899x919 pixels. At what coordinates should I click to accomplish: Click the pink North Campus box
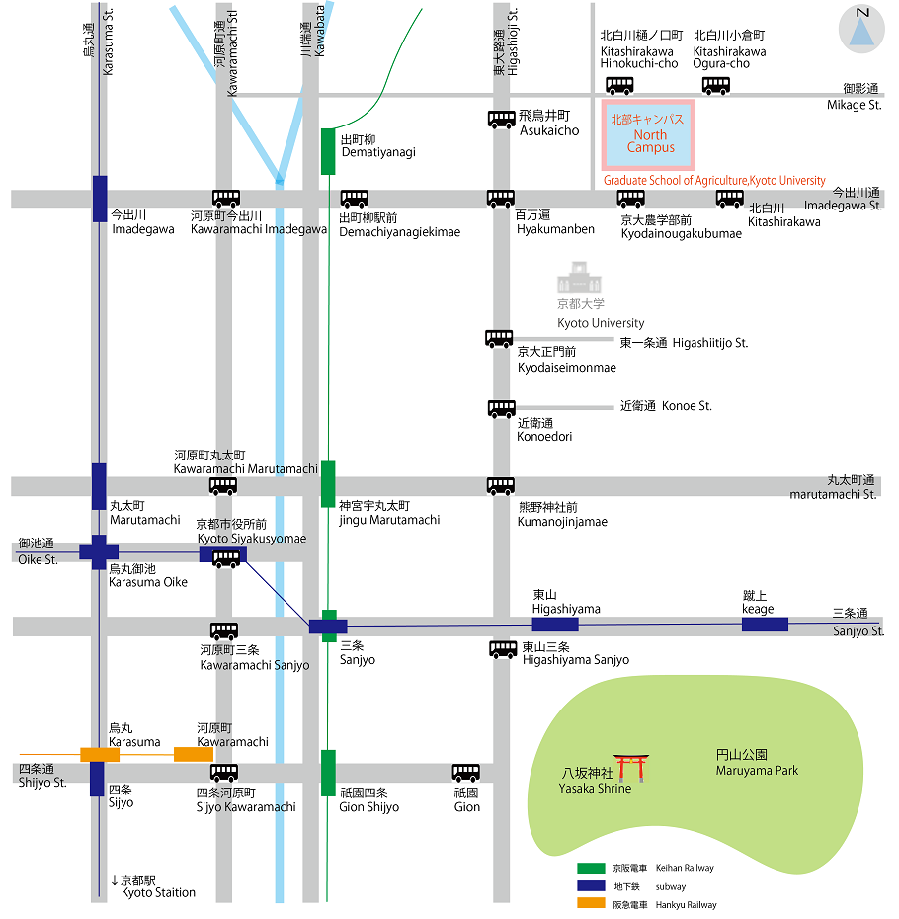pos(648,134)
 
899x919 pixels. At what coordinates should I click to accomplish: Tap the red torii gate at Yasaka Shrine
pos(631,768)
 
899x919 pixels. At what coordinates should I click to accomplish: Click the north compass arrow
pos(861,32)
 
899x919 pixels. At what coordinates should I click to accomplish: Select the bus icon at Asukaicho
pos(502,120)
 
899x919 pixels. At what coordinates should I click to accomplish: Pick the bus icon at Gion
pos(466,773)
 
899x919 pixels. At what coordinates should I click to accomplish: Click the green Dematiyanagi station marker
pos(328,151)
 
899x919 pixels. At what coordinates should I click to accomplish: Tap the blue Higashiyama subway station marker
pos(555,625)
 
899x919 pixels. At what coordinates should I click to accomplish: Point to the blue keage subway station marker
pos(765,625)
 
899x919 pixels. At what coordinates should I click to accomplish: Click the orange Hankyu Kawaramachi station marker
pos(194,754)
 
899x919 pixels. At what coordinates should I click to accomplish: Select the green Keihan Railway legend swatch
pos(591,868)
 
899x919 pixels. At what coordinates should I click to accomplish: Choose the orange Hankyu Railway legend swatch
pos(591,903)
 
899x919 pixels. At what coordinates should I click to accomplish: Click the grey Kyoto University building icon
pos(579,278)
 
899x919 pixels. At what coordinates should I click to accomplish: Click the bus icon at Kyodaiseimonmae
pos(499,339)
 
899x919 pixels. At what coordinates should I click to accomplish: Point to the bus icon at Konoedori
pos(502,408)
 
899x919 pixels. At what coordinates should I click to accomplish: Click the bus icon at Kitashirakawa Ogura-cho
pos(716,86)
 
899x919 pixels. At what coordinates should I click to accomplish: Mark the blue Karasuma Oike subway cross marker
pos(99,551)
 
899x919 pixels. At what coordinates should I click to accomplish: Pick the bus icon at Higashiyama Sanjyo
pos(504,649)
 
